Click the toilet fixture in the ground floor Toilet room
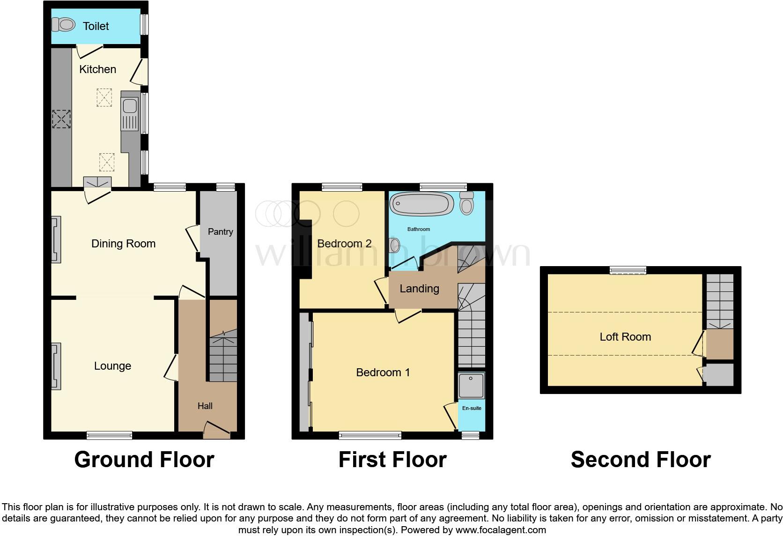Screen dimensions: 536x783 pos(63,24)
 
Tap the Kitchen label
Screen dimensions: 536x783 pos(97,69)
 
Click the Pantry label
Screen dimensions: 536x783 pos(220,231)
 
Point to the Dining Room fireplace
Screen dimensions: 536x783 pos(56,239)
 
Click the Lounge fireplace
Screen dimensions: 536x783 pos(56,366)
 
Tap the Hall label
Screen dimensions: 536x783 pos(205,406)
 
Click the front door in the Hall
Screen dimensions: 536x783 pos(217,430)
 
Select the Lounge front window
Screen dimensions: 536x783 pos(109,435)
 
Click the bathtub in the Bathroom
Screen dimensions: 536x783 pos(421,204)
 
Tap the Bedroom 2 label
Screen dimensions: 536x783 pos(344,244)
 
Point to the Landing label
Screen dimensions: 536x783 pos(419,289)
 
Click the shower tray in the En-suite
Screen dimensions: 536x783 pos(471,385)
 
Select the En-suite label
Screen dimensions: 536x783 pos(472,408)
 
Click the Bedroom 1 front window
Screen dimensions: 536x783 pos(370,435)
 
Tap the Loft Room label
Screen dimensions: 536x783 pos(625,337)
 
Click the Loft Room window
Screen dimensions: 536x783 pos(628,270)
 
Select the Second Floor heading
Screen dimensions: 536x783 pos(640,460)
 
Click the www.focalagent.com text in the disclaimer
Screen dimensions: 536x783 pos(501,530)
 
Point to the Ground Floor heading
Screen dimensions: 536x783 pos(144,460)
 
